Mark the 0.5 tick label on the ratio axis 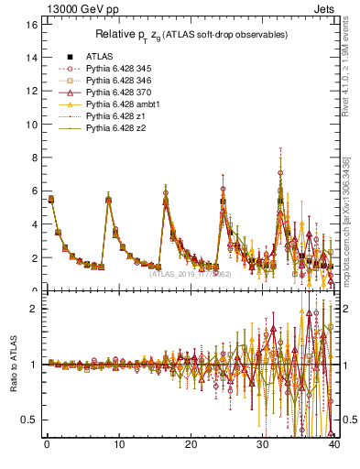tap(29, 420)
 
